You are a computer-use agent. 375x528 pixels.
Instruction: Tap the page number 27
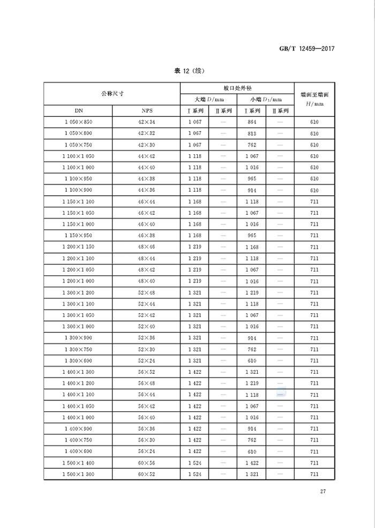pyautogui.click(x=324, y=491)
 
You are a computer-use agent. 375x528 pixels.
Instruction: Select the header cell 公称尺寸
pyautogui.click(x=112, y=94)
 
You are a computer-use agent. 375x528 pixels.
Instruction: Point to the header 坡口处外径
pyautogui.click(x=236, y=88)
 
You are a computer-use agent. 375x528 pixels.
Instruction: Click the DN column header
pyautogui.click(x=78, y=111)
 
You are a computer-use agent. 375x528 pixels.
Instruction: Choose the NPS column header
pyautogui.click(x=146, y=111)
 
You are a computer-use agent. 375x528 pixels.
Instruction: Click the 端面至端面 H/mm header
pyautogui.click(x=315, y=99)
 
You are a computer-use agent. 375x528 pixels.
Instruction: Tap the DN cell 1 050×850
pyautogui.click(x=78, y=122)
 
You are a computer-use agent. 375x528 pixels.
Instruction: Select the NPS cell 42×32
pyautogui.click(x=146, y=133)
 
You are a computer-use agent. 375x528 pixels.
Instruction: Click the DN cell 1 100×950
pyautogui.click(x=78, y=178)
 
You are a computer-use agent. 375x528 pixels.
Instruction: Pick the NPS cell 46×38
pyautogui.click(x=146, y=235)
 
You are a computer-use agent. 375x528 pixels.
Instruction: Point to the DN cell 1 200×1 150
pyautogui.click(x=78, y=246)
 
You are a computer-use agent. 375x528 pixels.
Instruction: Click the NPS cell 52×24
pyautogui.click(x=146, y=360)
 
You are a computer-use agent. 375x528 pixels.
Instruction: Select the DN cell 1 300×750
pyautogui.click(x=78, y=349)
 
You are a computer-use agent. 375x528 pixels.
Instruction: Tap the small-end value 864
pyautogui.click(x=252, y=122)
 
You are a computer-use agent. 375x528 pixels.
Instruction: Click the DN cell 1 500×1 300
pyautogui.click(x=78, y=474)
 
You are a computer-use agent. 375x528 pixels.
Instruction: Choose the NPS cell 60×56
pyautogui.click(x=146, y=463)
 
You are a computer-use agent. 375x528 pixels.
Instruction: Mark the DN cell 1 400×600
pyautogui.click(x=78, y=452)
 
